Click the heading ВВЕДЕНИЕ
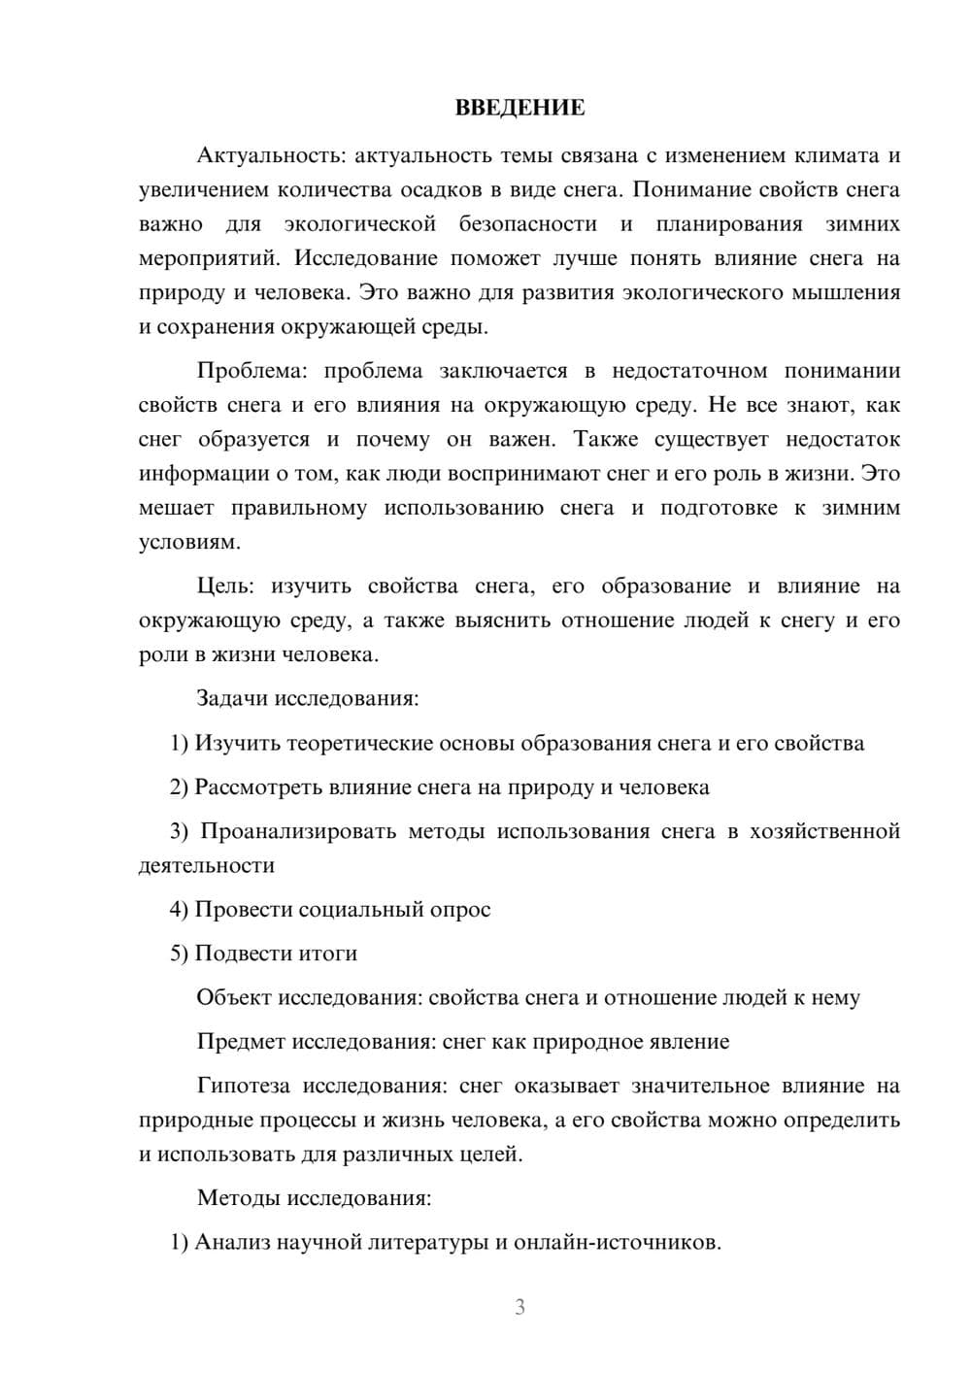[x=519, y=108]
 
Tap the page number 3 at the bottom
[x=519, y=1307]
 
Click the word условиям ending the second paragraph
[x=188, y=542]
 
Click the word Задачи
[x=232, y=698]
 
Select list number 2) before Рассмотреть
[x=179, y=787]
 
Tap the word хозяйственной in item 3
[x=824, y=831]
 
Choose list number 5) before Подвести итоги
[x=179, y=954]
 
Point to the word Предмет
[x=240, y=1042]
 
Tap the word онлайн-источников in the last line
[x=617, y=1242]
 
